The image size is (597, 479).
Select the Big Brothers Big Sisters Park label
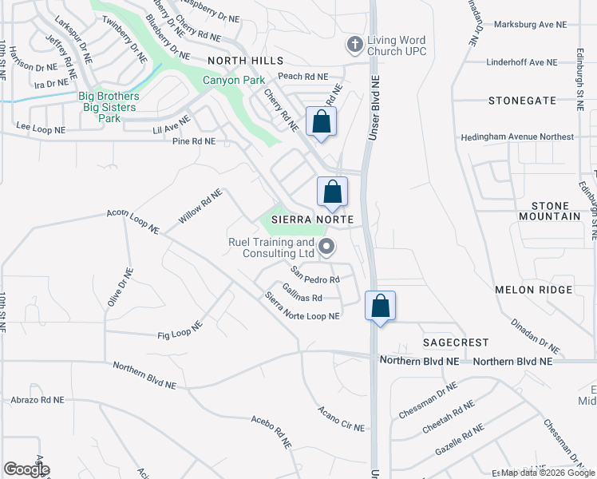click(x=109, y=107)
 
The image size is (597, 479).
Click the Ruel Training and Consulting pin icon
click(x=326, y=247)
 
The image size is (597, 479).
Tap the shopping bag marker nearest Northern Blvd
click(x=381, y=306)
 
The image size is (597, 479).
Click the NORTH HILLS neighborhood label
click(x=245, y=61)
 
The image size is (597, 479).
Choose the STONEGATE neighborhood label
click(x=522, y=101)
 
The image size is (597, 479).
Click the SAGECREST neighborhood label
click(x=455, y=342)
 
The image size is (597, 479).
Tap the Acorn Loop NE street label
click(x=134, y=222)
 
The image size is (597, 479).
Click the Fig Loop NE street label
click(x=181, y=330)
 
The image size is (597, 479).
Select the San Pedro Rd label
click(x=315, y=275)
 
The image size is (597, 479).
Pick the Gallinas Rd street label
click(x=302, y=294)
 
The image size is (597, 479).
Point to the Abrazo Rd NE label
click(x=53, y=399)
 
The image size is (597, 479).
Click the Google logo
click(x=26, y=469)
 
